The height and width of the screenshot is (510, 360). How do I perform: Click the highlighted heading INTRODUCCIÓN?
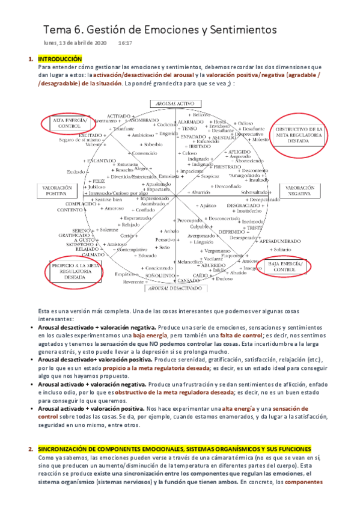tap(59, 59)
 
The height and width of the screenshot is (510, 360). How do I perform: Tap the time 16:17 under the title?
tap(125, 43)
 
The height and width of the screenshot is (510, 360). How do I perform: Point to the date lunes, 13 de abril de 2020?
tap(75, 43)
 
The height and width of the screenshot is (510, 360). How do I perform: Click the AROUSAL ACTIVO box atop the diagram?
tap(174, 103)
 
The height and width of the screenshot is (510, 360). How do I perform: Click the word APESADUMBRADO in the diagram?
tap(279, 241)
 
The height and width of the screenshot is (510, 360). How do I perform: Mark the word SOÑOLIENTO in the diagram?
tap(164, 274)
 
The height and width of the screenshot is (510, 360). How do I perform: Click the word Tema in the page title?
tap(59, 28)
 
